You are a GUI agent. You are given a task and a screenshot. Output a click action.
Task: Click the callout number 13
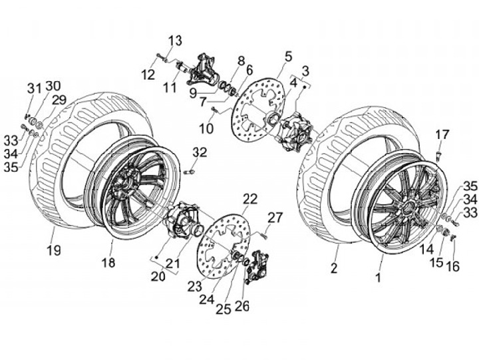tap(174, 41)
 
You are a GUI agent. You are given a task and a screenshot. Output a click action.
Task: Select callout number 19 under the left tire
tap(53, 250)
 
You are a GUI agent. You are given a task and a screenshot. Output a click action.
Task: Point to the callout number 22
tap(249, 199)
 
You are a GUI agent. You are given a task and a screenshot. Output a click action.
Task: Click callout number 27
tap(275, 217)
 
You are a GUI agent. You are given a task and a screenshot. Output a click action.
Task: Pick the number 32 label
tap(200, 152)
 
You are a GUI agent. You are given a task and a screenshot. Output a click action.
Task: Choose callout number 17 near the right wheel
tap(442, 135)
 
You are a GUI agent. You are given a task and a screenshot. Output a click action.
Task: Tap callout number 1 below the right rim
tap(378, 278)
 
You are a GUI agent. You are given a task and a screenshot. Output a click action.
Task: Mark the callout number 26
tap(241, 307)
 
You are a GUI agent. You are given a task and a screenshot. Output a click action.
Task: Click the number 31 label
tap(34, 89)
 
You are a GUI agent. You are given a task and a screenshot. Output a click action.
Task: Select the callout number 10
tap(206, 127)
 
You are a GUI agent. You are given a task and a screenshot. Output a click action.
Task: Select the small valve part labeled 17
tap(440, 155)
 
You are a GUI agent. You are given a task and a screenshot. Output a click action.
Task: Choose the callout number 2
tap(334, 268)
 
